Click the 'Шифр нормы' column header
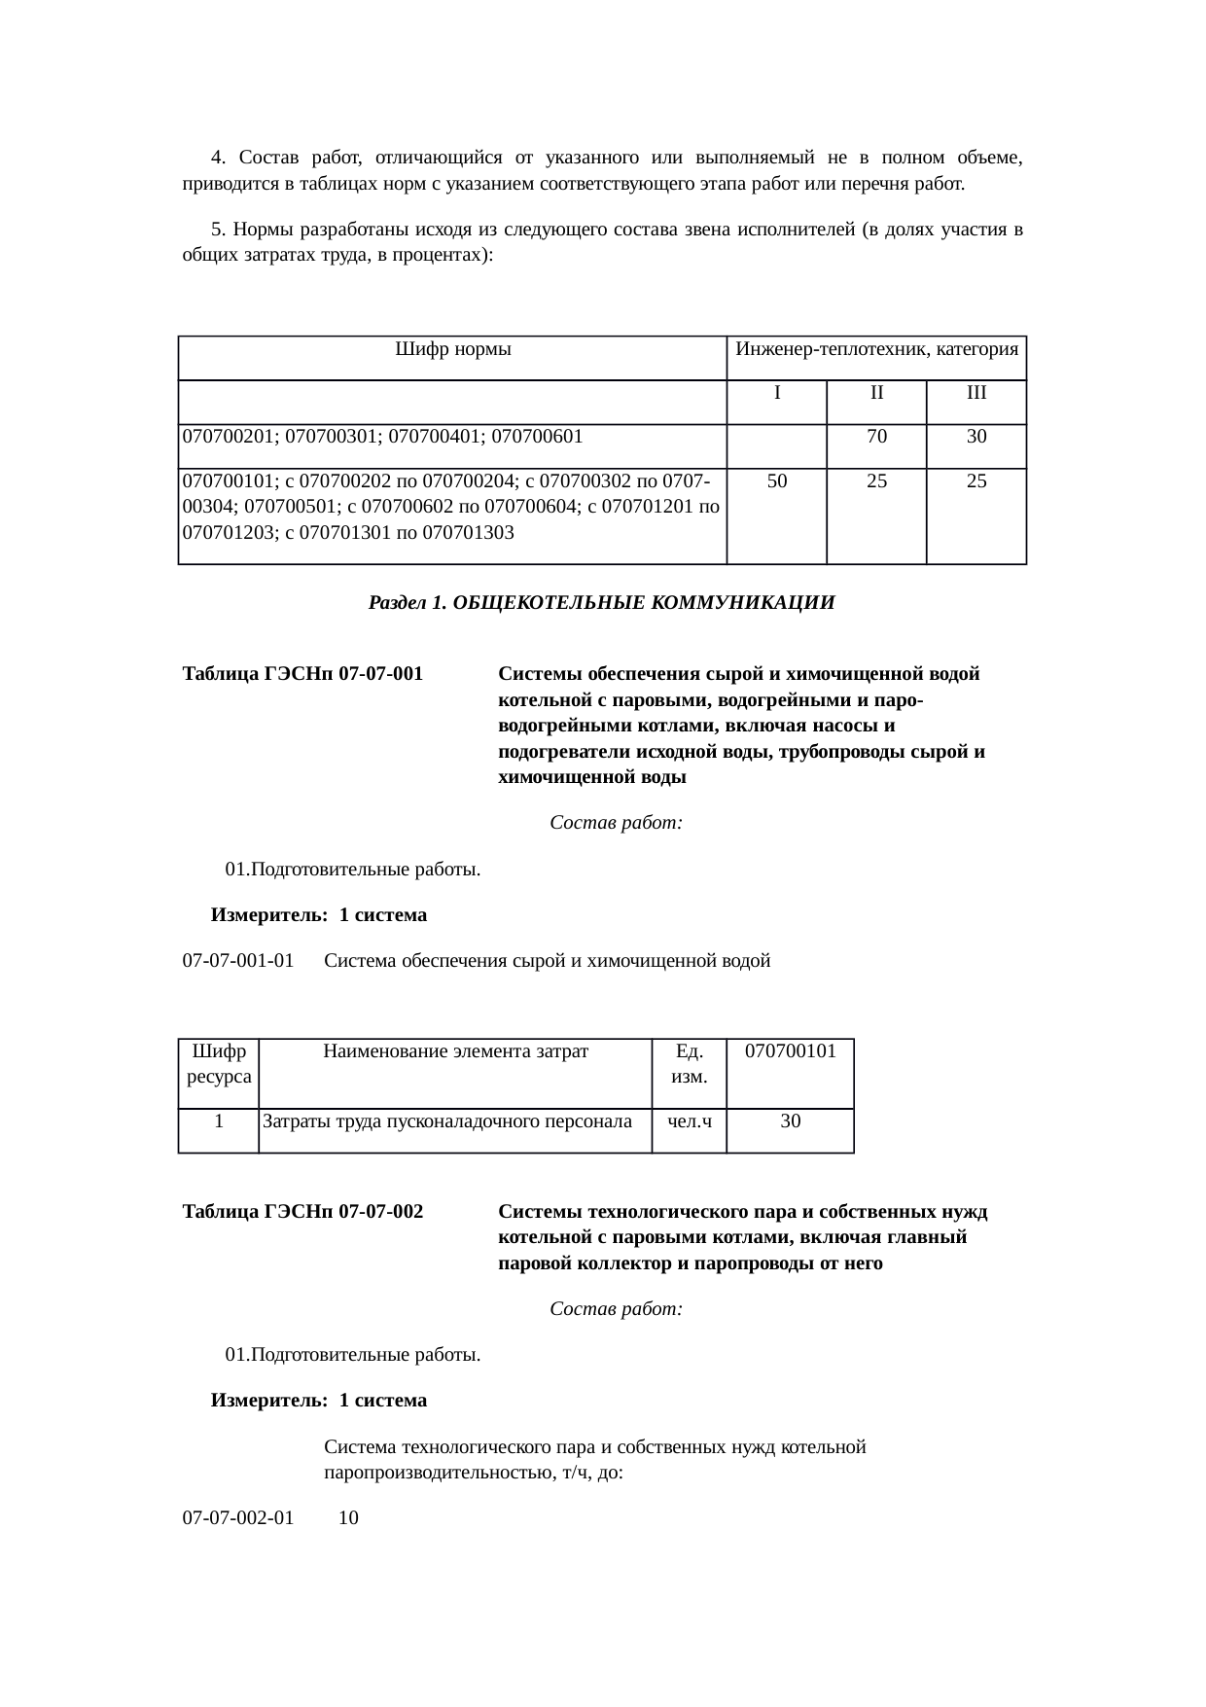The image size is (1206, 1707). [x=453, y=349]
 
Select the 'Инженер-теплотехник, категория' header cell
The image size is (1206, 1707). [x=876, y=349]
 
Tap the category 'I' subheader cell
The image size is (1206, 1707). [x=777, y=394]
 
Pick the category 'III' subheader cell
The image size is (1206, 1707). [x=976, y=394]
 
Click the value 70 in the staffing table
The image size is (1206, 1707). [x=876, y=438]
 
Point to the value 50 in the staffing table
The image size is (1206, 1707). [x=777, y=481]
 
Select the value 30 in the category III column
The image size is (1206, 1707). [x=976, y=438]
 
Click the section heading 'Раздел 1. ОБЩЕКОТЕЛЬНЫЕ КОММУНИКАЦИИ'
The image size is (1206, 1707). [x=601, y=603]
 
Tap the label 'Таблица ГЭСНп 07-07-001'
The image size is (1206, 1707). [x=302, y=674]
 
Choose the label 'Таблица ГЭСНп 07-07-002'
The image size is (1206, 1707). [x=302, y=1212]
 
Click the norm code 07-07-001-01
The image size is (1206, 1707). [x=238, y=962]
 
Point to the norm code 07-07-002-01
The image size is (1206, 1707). [x=238, y=1518]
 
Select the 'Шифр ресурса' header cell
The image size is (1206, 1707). [x=219, y=1064]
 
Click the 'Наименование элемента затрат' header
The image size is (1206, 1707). [x=455, y=1051]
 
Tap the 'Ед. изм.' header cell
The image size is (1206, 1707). [x=689, y=1064]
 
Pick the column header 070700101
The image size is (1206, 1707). [x=791, y=1051]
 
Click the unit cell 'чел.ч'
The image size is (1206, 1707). [x=689, y=1121]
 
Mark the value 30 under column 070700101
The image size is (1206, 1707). [x=791, y=1121]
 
